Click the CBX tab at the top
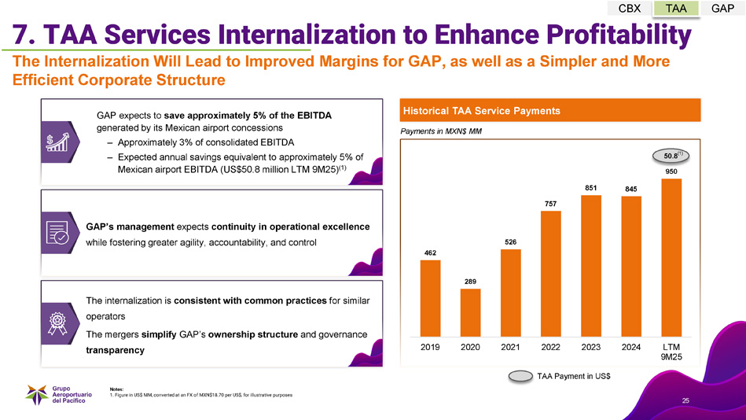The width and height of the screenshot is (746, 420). (x=630, y=9)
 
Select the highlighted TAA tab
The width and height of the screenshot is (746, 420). (x=676, y=9)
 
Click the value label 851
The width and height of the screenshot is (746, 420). (x=591, y=187)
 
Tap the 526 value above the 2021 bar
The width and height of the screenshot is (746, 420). (x=510, y=241)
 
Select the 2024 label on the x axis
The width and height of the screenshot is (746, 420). (x=630, y=346)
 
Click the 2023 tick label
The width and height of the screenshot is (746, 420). (x=591, y=346)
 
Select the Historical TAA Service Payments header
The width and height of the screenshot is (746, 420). (x=482, y=111)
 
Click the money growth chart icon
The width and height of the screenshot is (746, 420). (x=57, y=142)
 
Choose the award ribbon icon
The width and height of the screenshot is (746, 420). (x=57, y=323)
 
